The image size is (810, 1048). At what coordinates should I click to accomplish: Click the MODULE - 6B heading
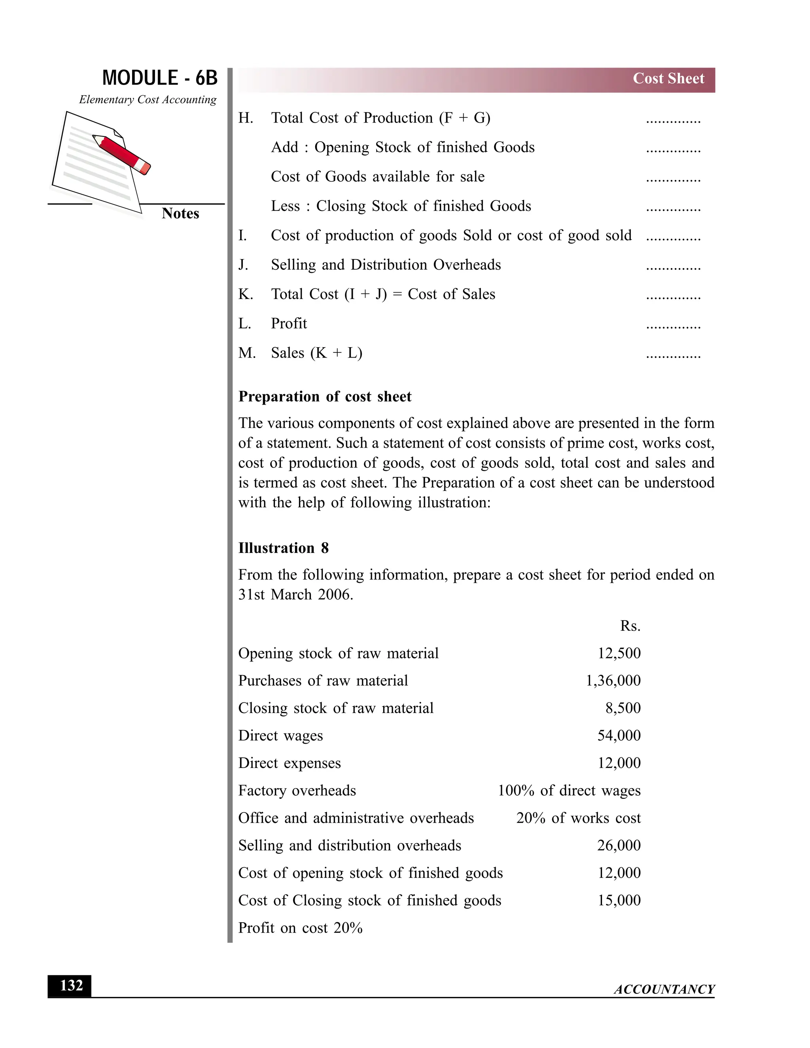[160, 78]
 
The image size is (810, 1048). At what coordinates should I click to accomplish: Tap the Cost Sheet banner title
[668, 79]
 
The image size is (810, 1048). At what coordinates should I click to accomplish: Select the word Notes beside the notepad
[180, 214]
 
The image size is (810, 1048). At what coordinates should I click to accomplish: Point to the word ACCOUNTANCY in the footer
[664, 989]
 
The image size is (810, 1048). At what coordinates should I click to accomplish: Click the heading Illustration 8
[283, 548]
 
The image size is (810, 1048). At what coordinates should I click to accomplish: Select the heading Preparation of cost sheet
[325, 396]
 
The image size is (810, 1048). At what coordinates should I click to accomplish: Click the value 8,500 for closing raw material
[623, 708]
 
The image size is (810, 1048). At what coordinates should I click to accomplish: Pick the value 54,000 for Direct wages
[619, 735]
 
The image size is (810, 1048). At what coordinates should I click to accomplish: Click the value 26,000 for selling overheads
[619, 845]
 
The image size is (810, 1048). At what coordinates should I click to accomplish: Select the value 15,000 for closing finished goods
[619, 900]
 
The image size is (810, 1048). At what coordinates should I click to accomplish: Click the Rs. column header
[630, 626]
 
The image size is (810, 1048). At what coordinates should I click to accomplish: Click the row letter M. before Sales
[247, 353]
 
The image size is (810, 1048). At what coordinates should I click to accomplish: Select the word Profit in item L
[289, 323]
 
